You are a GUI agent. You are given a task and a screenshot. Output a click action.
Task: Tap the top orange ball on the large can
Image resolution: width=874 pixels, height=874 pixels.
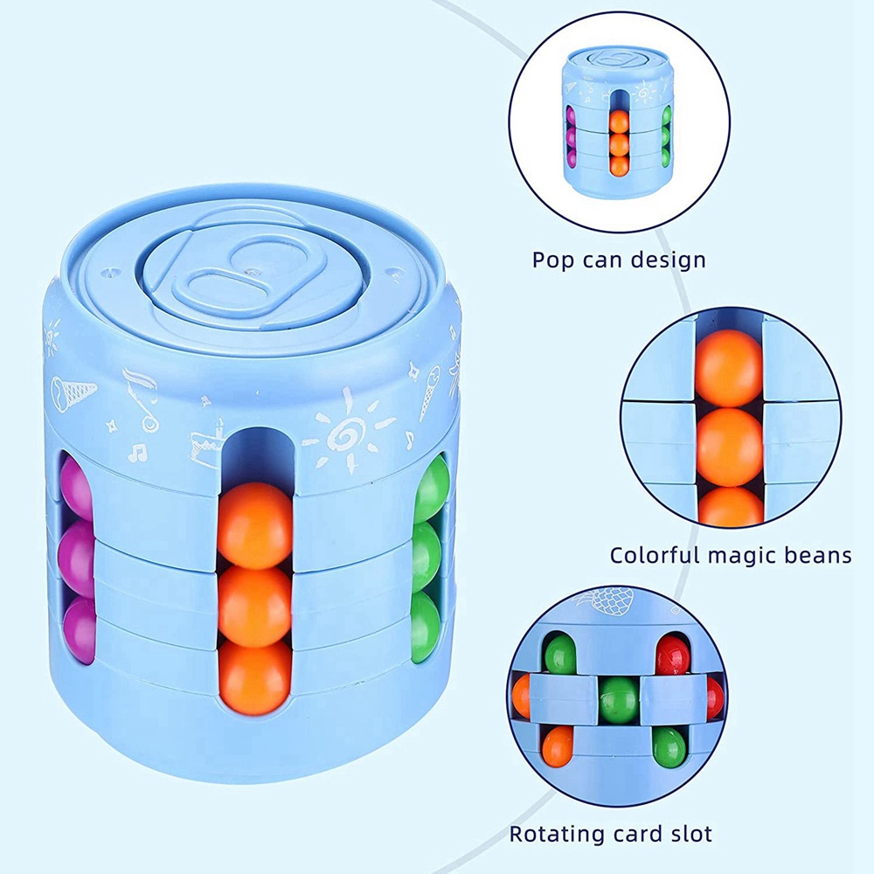(254, 523)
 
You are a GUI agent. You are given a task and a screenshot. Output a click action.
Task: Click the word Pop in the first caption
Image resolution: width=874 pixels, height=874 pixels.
(554, 260)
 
